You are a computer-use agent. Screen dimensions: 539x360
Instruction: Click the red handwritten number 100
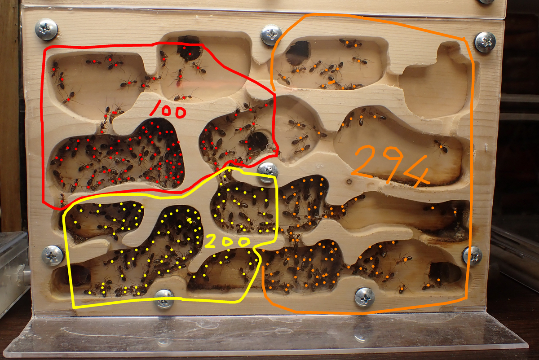(168, 110)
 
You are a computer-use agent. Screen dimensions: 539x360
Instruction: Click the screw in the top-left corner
(46, 29)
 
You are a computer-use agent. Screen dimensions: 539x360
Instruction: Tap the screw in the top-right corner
(485, 42)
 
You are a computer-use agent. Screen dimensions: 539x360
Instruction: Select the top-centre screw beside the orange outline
(271, 35)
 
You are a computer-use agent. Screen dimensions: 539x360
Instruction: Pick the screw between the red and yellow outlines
(268, 172)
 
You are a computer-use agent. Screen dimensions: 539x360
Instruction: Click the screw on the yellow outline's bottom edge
(164, 299)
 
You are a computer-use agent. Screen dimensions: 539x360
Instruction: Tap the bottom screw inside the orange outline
(365, 298)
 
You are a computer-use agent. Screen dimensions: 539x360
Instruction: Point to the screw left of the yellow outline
(53, 255)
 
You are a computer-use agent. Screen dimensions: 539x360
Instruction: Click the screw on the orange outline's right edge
(473, 256)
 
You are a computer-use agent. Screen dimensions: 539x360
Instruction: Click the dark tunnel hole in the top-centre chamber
(189, 48)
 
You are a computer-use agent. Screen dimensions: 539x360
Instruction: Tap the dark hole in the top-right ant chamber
(297, 53)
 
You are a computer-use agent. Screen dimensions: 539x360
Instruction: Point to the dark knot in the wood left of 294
(349, 181)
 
